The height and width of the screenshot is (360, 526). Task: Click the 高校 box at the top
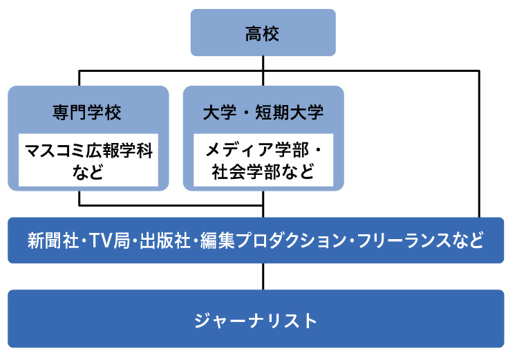tap(263, 32)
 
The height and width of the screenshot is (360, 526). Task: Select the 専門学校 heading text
tap(87, 112)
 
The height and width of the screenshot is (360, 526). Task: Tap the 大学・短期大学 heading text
tap(263, 112)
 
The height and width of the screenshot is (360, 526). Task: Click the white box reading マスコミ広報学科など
tap(88, 160)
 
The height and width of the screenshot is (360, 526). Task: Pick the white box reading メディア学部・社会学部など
tap(263, 160)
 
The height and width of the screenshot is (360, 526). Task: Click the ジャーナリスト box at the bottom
tap(256, 319)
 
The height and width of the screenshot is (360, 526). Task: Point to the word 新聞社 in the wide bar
tap(53, 240)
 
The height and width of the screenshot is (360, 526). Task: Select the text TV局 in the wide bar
tap(109, 240)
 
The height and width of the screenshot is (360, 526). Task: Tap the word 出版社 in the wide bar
tap(165, 240)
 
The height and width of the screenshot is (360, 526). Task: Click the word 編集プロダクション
tap(274, 240)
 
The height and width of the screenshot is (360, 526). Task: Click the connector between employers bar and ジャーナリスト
tap(263, 276)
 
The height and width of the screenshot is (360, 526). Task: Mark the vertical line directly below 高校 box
tap(263, 70)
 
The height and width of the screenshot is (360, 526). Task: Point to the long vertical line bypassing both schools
tap(479, 144)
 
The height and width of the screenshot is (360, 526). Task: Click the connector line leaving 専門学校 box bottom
tap(79, 198)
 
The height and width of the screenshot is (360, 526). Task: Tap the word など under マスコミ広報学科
tap(88, 172)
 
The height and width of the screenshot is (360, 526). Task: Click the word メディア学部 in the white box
tap(256, 150)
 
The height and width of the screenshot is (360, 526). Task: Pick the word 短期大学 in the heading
tap(290, 112)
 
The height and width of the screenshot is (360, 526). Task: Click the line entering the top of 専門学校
tap(79, 78)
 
